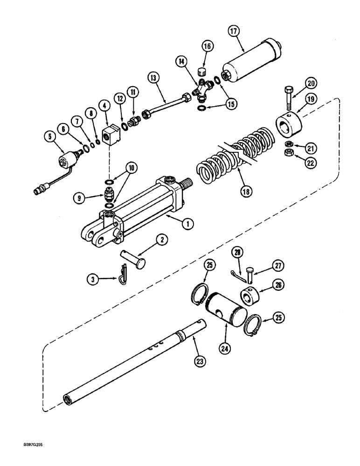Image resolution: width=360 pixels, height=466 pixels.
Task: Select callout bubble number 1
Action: [x=187, y=224]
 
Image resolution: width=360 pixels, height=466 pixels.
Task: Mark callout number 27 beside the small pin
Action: [x=279, y=265]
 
